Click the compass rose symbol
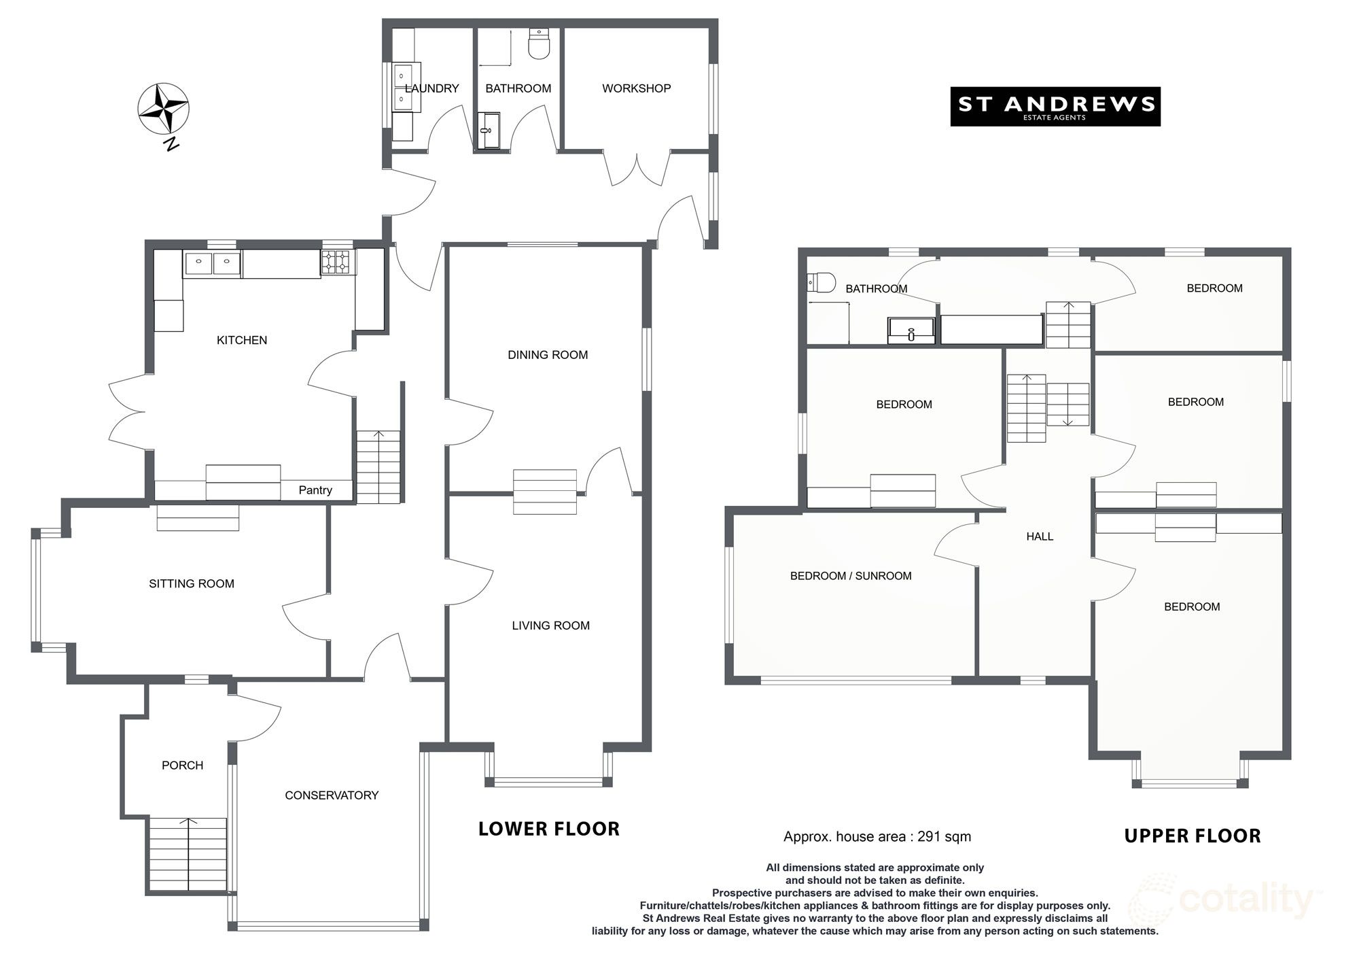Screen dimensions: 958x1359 [163, 109]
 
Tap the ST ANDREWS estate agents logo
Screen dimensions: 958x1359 [1055, 106]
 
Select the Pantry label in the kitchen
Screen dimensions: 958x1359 [315, 490]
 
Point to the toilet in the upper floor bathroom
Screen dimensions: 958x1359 [821, 282]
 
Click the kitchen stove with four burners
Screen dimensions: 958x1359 [338, 262]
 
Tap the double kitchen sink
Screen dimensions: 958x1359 [212, 262]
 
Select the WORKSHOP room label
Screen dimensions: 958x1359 [636, 88]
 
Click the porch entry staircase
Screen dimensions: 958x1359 [187, 855]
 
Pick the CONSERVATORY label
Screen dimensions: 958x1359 [332, 795]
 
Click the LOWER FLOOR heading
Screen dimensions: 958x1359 [549, 829]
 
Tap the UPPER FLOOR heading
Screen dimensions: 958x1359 [1193, 836]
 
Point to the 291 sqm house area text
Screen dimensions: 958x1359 [877, 837]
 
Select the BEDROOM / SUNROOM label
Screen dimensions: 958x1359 [851, 576]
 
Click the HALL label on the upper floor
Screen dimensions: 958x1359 [1040, 536]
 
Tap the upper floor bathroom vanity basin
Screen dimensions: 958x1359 [911, 331]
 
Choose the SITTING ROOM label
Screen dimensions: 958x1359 [192, 583]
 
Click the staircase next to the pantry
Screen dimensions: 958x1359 [378, 467]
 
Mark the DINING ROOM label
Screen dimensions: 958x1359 [548, 355]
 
